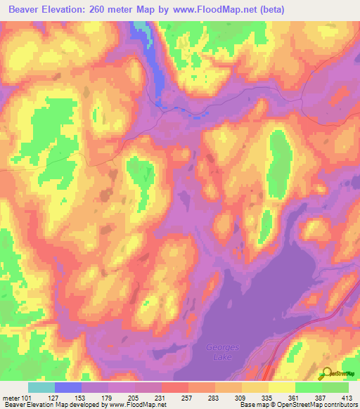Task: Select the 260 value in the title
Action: point(100,10)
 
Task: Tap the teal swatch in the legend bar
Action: point(41,387)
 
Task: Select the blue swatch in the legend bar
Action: point(68,387)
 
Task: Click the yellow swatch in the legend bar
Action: point(282,387)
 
